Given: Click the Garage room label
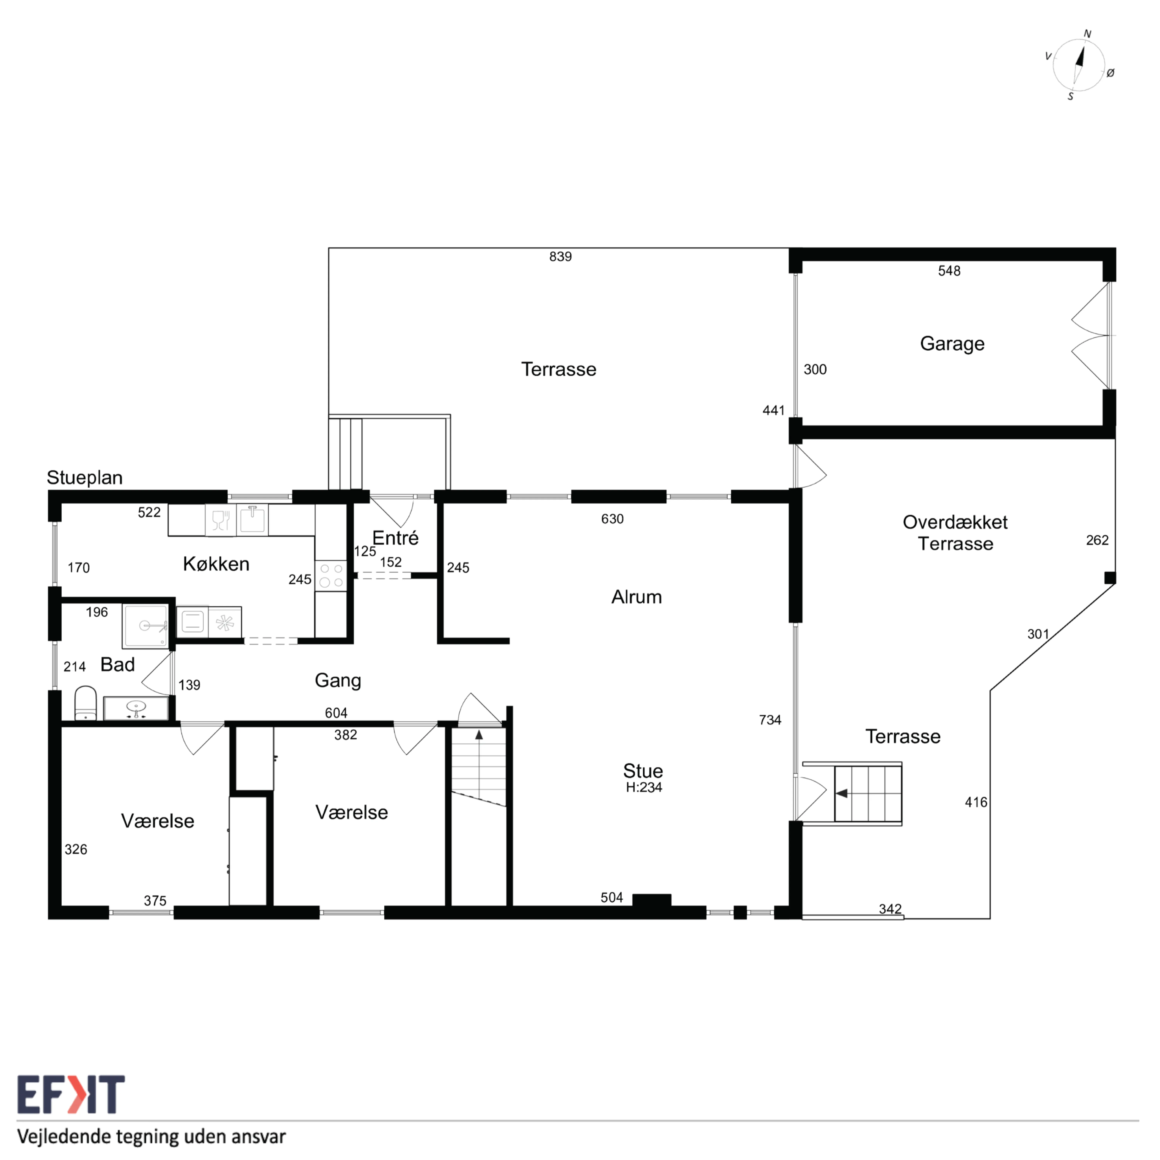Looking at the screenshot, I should click(x=952, y=343).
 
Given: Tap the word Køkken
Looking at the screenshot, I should click(x=216, y=564).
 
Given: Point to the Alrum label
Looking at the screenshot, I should click(x=637, y=597).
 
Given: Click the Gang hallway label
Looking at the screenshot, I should click(x=338, y=680).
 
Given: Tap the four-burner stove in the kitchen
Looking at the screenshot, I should click(x=331, y=575).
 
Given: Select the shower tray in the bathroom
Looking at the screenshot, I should click(x=145, y=626).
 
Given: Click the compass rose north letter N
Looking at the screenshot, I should click(x=1087, y=34).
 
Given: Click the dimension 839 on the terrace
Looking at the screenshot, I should click(x=560, y=257).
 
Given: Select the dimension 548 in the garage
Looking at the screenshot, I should click(x=949, y=271).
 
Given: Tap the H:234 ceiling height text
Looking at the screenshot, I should click(x=644, y=787).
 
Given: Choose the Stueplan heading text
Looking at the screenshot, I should click(x=85, y=477).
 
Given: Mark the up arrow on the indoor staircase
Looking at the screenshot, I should click(x=479, y=735).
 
